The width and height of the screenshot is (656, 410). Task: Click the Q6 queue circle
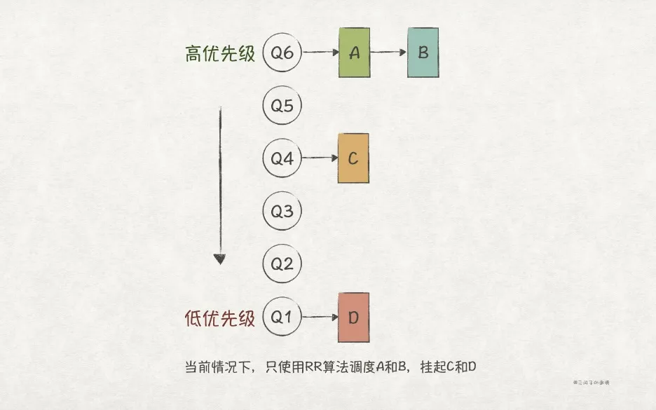pyautogui.click(x=282, y=53)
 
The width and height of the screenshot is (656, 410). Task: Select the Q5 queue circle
pyautogui.click(x=282, y=106)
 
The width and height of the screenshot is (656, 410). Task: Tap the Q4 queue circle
pyautogui.click(x=282, y=158)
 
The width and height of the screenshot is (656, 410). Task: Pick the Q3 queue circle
pyautogui.click(x=282, y=211)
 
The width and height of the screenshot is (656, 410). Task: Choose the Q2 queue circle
pyautogui.click(x=282, y=264)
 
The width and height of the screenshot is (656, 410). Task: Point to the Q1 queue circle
pyautogui.click(x=282, y=317)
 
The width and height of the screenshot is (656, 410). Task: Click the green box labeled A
pyautogui.click(x=353, y=53)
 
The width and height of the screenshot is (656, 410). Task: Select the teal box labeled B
pyautogui.click(x=423, y=53)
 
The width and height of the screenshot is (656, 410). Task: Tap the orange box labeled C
pyautogui.click(x=353, y=158)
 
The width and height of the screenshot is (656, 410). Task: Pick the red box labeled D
pyautogui.click(x=353, y=317)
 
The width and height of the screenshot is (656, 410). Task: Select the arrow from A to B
pyautogui.click(x=388, y=53)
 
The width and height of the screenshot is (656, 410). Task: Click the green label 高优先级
pyautogui.click(x=220, y=54)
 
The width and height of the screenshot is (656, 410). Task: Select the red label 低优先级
pyautogui.click(x=220, y=319)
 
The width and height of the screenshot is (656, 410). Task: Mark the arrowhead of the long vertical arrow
pyautogui.click(x=219, y=259)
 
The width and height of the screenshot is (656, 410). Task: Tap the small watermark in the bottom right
pyautogui.click(x=592, y=383)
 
